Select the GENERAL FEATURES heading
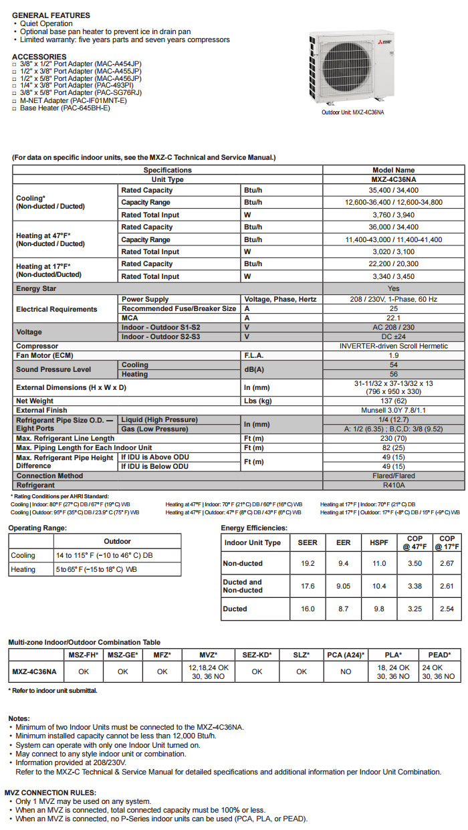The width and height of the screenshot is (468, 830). tap(51, 15)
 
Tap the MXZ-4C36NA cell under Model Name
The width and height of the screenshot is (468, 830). tap(393, 179)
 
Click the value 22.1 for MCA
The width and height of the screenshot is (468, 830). tap(393, 318)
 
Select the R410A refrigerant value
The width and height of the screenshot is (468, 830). tap(393, 485)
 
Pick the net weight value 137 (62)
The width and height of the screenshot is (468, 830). tap(393, 401)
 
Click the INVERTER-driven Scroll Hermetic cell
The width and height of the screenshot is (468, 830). tap(393, 346)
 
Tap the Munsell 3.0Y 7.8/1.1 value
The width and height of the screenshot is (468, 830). tap(393, 410)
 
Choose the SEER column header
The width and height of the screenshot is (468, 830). tap(308, 542)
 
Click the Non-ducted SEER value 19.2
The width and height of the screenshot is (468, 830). tap(308, 564)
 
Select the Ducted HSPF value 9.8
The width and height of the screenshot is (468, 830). tap(379, 609)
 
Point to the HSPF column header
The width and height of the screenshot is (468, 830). tap(379, 542)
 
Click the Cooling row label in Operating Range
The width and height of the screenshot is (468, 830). tap(23, 556)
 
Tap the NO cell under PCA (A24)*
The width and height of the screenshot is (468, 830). tap(346, 671)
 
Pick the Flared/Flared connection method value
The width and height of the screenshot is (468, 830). tap(393, 476)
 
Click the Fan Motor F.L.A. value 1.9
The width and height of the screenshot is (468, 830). tap(393, 355)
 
